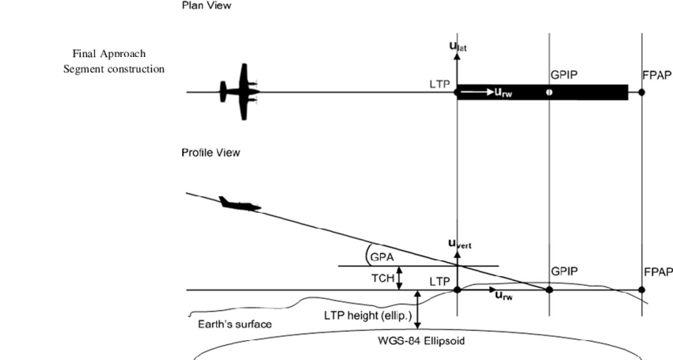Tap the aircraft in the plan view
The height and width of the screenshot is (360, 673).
coord(239,91)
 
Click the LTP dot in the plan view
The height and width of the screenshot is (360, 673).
coord(458,92)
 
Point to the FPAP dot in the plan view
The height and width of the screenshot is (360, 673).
coord(642,92)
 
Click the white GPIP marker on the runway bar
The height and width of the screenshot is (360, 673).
coord(549,92)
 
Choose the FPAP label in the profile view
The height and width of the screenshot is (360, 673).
coord(658,271)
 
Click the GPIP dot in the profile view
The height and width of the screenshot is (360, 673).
coord(549,290)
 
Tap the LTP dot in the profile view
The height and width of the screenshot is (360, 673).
coord(458,290)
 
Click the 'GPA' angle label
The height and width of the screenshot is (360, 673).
coord(383,257)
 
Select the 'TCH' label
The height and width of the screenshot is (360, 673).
coord(382,279)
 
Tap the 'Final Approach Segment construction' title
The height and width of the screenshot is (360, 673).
coord(114,61)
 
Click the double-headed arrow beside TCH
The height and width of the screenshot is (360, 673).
coord(400,278)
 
